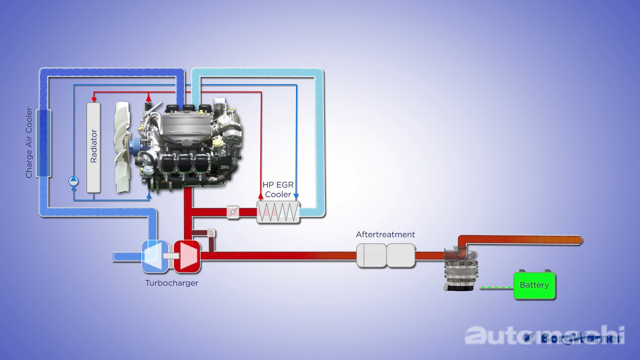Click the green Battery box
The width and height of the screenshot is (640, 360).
[534, 285]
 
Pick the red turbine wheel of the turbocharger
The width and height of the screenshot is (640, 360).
[187, 256]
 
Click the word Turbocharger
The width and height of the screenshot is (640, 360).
[171, 283]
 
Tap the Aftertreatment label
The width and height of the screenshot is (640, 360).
[385, 235]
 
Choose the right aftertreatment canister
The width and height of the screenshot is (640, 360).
[401, 255]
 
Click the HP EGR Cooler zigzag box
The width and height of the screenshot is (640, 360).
[278, 212]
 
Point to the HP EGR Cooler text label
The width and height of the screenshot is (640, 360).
[278, 189]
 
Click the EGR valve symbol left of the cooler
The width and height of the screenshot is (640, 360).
[233, 212]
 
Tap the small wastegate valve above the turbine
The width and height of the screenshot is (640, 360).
[211, 233]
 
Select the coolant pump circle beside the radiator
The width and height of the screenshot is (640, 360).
[74, 181]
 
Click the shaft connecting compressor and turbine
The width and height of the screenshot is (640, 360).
[170, 256]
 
